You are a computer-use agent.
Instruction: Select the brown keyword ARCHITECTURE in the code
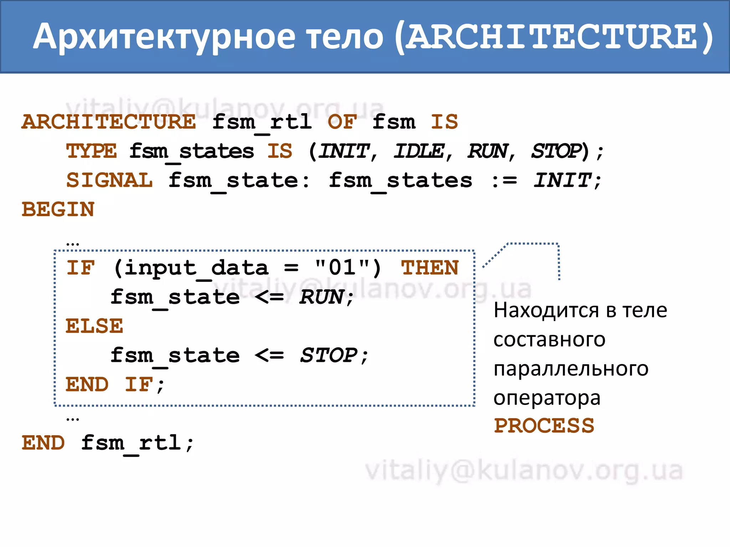(x=109, y=122)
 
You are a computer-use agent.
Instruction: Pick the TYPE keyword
(x=91, y=151)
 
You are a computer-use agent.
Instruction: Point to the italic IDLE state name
(x=419, y=151)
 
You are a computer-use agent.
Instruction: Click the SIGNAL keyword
(x=109, y=181)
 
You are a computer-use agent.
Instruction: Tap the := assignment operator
(x=504, y=181)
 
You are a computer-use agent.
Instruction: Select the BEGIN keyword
(x=58, y=210)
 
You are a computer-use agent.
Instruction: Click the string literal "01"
(x=342, y=268)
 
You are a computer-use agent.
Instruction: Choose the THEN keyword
(x=430, y=268)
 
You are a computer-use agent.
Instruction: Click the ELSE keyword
(x=94, y=326)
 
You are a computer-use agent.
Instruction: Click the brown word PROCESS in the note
(x=544, y=426)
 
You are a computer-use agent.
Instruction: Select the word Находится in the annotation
(x=549, y=311)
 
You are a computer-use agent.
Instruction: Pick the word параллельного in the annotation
(x=571, y=369)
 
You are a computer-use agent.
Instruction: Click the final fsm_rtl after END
(x=131, y=443)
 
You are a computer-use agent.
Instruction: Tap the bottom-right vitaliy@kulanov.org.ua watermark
(x=524, y=471)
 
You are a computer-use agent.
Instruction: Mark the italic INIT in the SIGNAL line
(x=562, y=181)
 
